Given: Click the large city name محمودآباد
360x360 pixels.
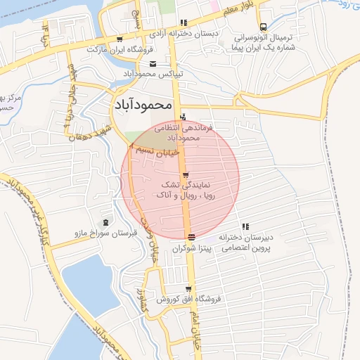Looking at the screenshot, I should click(142, 105).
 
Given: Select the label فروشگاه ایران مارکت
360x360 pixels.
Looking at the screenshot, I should click(115, 50).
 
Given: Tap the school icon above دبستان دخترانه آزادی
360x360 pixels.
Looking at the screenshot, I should click(184, 22).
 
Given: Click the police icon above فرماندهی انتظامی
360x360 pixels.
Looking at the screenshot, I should click(184, 117).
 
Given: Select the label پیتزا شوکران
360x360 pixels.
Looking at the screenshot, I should click(193, 248).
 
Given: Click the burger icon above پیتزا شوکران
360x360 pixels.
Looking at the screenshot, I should click(191, 236).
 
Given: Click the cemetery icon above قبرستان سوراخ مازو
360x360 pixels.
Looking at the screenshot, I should click(106, 222).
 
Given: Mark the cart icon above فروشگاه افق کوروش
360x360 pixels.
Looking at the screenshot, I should click(188, 288).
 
